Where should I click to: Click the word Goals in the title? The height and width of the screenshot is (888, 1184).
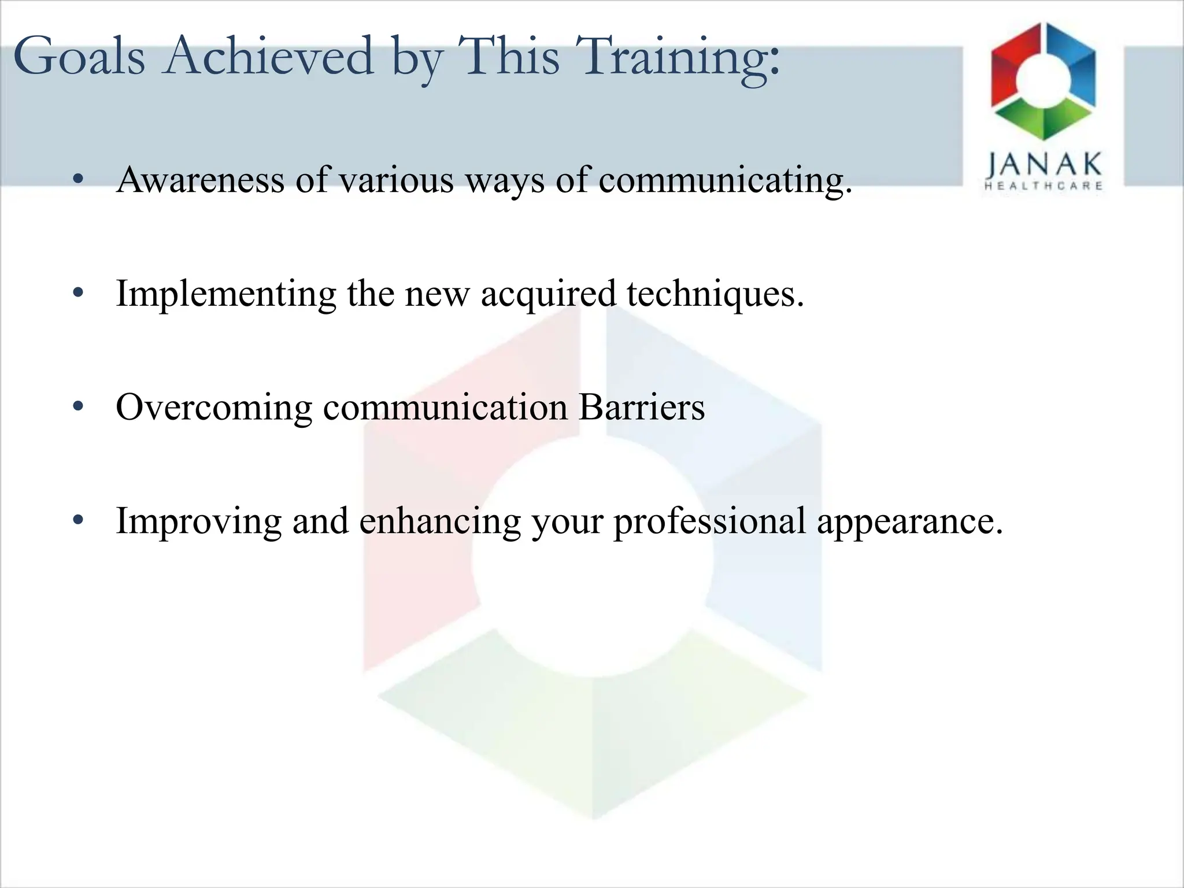click(x=79, y=57)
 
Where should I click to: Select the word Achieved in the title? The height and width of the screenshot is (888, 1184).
click(x=268, y=57)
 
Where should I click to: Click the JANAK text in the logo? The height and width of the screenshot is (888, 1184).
click(x=1044, y=165)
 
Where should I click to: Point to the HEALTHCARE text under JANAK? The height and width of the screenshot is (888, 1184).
click(x=1044, y=186)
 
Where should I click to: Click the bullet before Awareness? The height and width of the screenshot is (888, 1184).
click(x=79, y=180)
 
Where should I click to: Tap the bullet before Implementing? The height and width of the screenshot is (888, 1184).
click(x=79, y=294)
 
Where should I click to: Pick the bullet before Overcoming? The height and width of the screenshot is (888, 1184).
click(x=79, y=408)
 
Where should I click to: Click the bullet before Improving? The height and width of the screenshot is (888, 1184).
click(x=79, y=521)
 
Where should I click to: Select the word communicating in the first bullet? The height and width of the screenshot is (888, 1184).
click(x=725, y=180)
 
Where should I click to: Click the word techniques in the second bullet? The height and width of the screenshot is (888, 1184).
click(x=715, y=294)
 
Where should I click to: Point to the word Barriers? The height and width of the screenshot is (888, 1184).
click(x=642, y=408)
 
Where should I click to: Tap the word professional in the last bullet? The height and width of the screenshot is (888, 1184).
click(x=709, y=521)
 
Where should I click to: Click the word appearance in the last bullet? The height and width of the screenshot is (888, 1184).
click(x=909, y=521)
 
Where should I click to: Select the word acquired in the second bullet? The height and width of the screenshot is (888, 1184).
click(x=548, y=294)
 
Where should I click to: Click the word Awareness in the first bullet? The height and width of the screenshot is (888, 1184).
click(x=200, y=180)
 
